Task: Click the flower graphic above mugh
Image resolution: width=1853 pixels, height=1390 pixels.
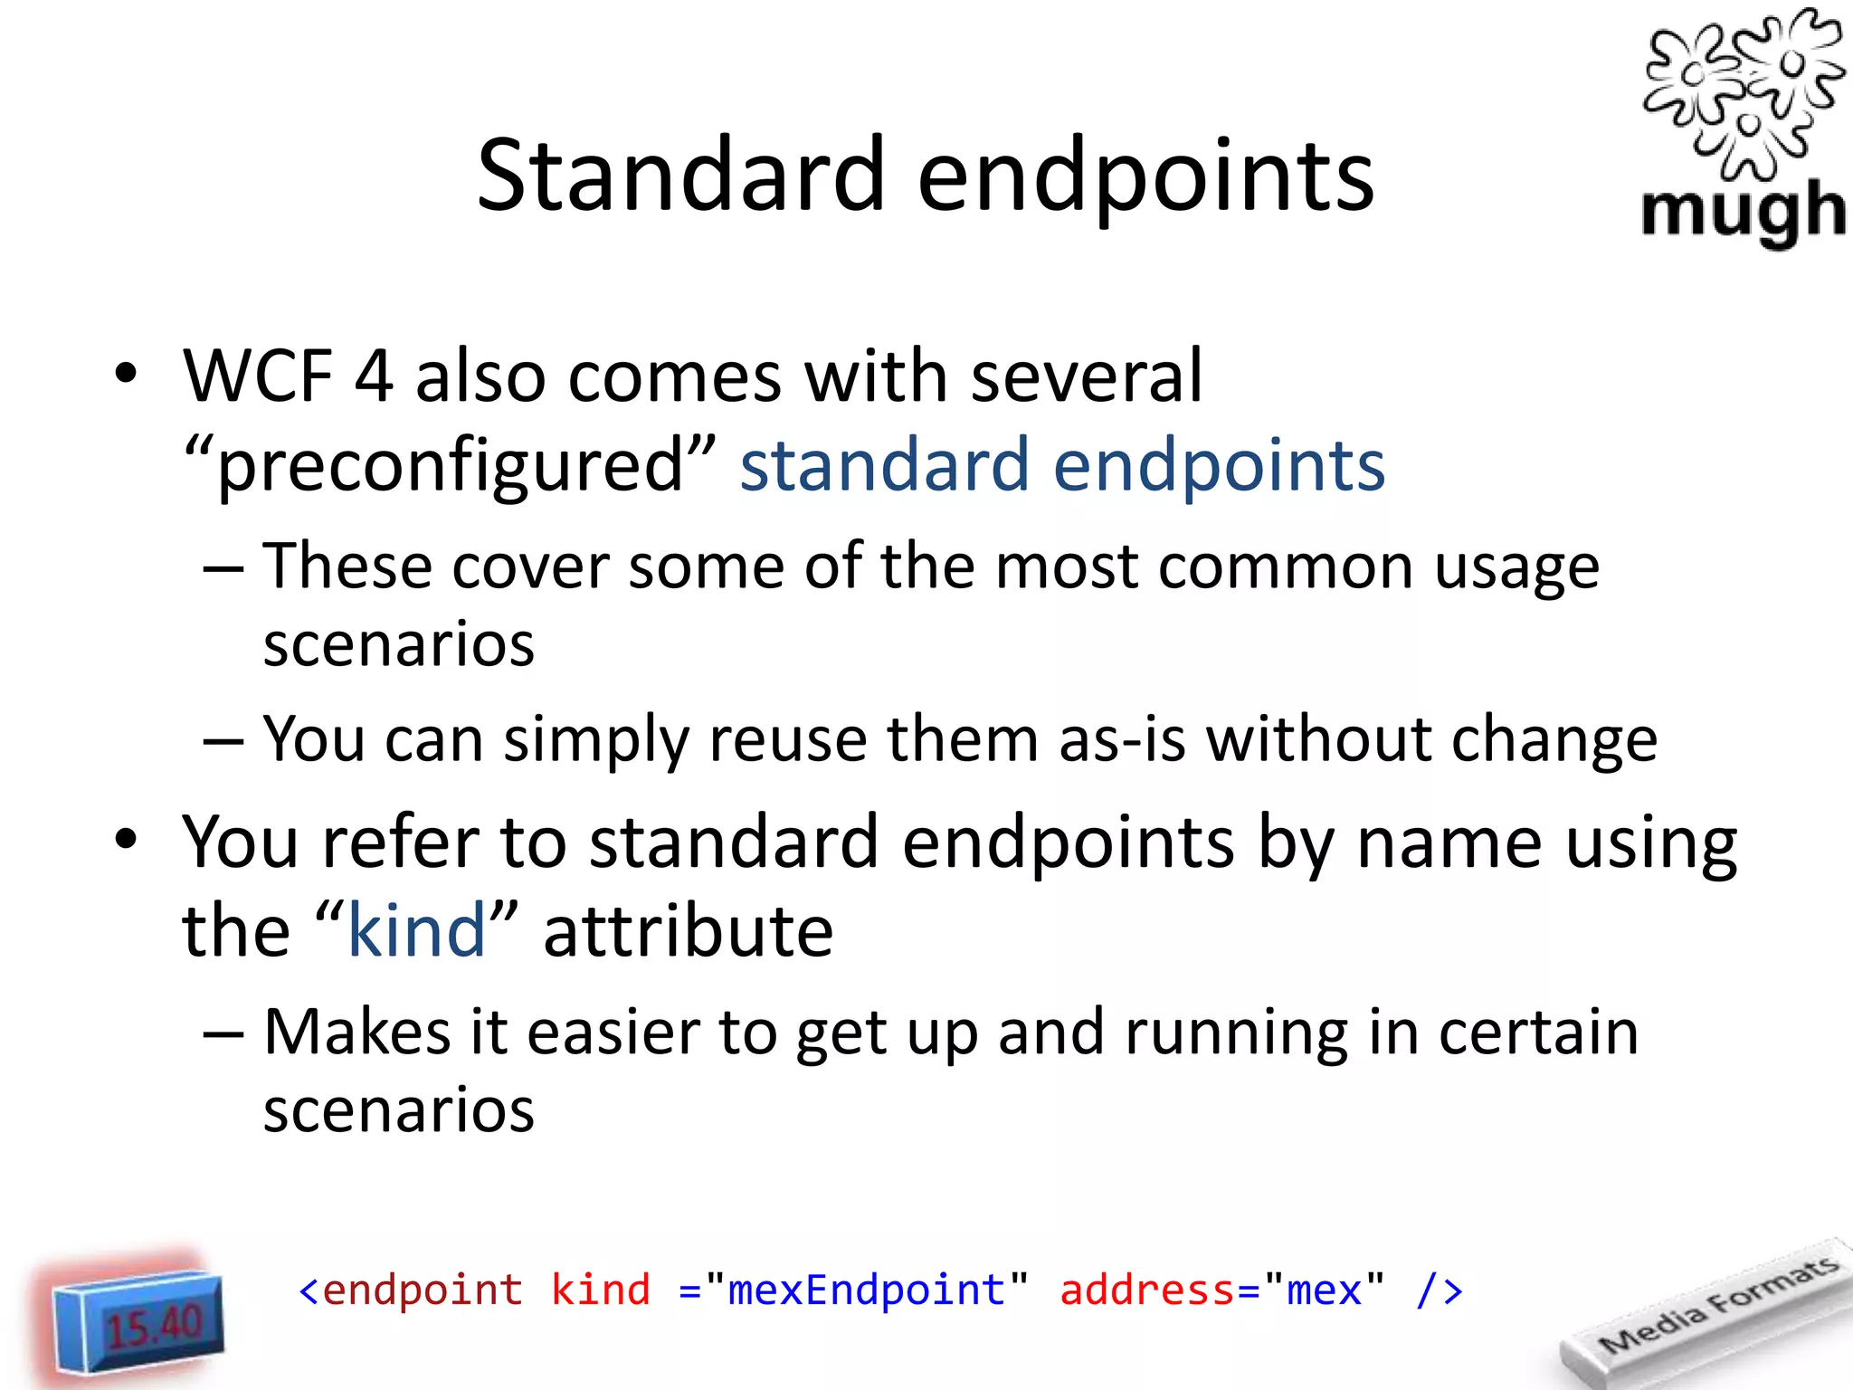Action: pos(1743,90)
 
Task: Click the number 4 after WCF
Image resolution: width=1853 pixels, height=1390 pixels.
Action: pos(374,376)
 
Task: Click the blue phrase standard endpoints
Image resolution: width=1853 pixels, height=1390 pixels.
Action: pos(1062,465)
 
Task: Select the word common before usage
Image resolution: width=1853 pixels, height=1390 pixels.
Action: pos(1285,568)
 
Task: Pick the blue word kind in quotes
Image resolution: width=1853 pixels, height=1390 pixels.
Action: pos(417,931)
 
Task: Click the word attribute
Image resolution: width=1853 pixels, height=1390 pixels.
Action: pos(688,931)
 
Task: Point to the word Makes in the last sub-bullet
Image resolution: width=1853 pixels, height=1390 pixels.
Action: pos(356,1033)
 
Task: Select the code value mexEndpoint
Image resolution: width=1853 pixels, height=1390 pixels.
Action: pos(866,1290)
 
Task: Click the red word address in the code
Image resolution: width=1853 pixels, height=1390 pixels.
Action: pos(1146,1290)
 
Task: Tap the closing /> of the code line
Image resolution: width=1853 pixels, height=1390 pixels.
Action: pos(1439,1290)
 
